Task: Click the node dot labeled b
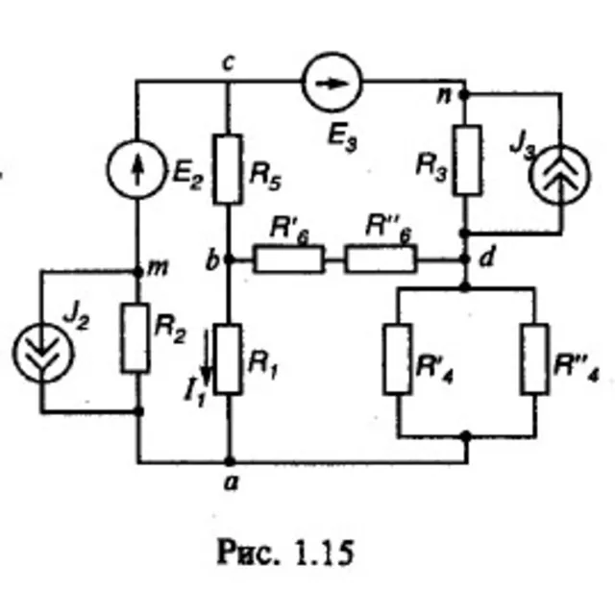229,259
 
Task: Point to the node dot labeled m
138,271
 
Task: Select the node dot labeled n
464,94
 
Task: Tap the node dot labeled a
230,461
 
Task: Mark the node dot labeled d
465,259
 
